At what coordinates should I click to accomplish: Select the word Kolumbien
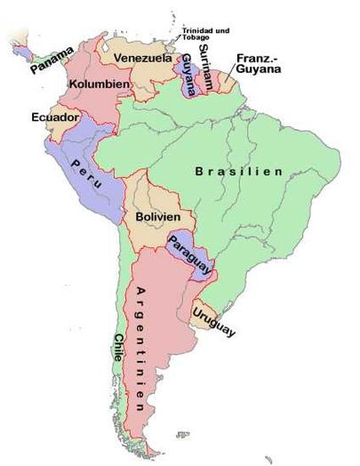point(100,84)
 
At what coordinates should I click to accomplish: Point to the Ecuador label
point(55,116)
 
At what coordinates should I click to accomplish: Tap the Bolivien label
point(158,216)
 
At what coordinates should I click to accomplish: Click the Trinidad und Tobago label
point(207,34)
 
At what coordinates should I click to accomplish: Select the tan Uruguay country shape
point(203,313)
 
